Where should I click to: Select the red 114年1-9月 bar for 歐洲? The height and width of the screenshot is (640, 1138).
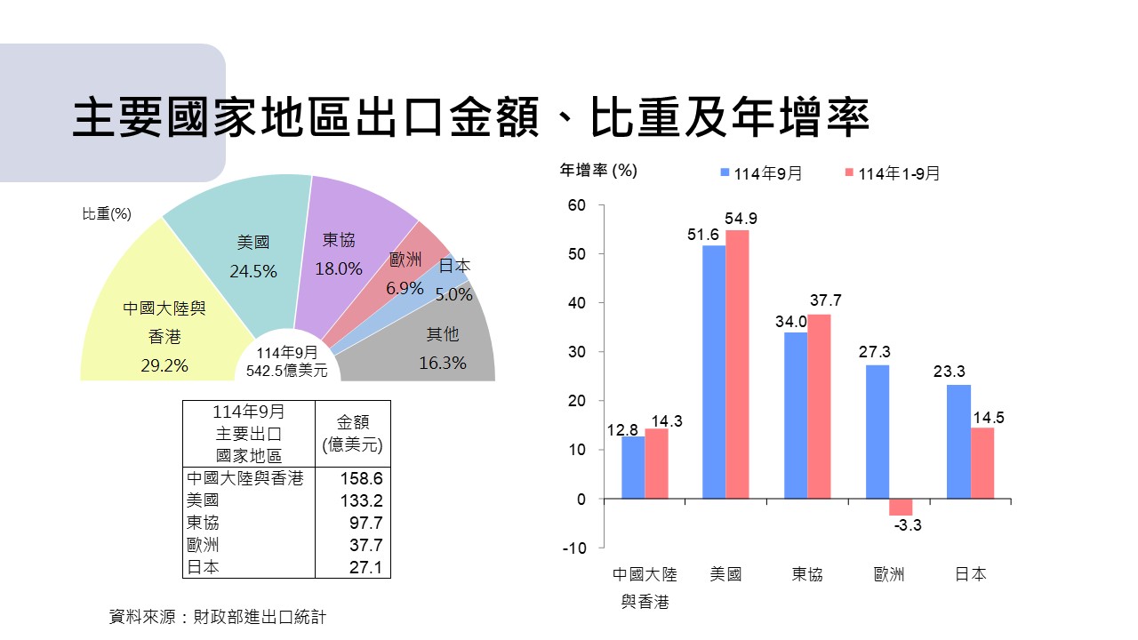(x=900, y=507)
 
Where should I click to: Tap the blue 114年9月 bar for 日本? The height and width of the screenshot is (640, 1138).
(x=958, y=441)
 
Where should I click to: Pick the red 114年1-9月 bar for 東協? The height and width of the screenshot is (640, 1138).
(x=819, y=406)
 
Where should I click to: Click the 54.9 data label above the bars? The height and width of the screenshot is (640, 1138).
(x=741, y=219)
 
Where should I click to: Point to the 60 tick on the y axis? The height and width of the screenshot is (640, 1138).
(x=576, y=205)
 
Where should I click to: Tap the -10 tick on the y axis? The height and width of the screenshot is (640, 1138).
(x=574, y=548)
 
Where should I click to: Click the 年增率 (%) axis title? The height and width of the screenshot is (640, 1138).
(x=598, y=170)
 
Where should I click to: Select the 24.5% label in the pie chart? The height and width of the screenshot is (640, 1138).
(x=253, y=271)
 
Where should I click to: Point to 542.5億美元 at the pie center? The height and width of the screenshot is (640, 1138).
(x=286, y=371)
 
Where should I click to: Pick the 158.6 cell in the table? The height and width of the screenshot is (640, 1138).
(x=361, y=478)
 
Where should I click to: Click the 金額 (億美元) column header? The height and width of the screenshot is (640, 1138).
(x=353, y=434)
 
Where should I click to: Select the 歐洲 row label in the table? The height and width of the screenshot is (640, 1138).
(x=204, y=545)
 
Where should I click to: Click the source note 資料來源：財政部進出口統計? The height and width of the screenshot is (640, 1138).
(x=217, y=616)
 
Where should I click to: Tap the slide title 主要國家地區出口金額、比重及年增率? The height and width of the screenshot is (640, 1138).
(x=470, y=119)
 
